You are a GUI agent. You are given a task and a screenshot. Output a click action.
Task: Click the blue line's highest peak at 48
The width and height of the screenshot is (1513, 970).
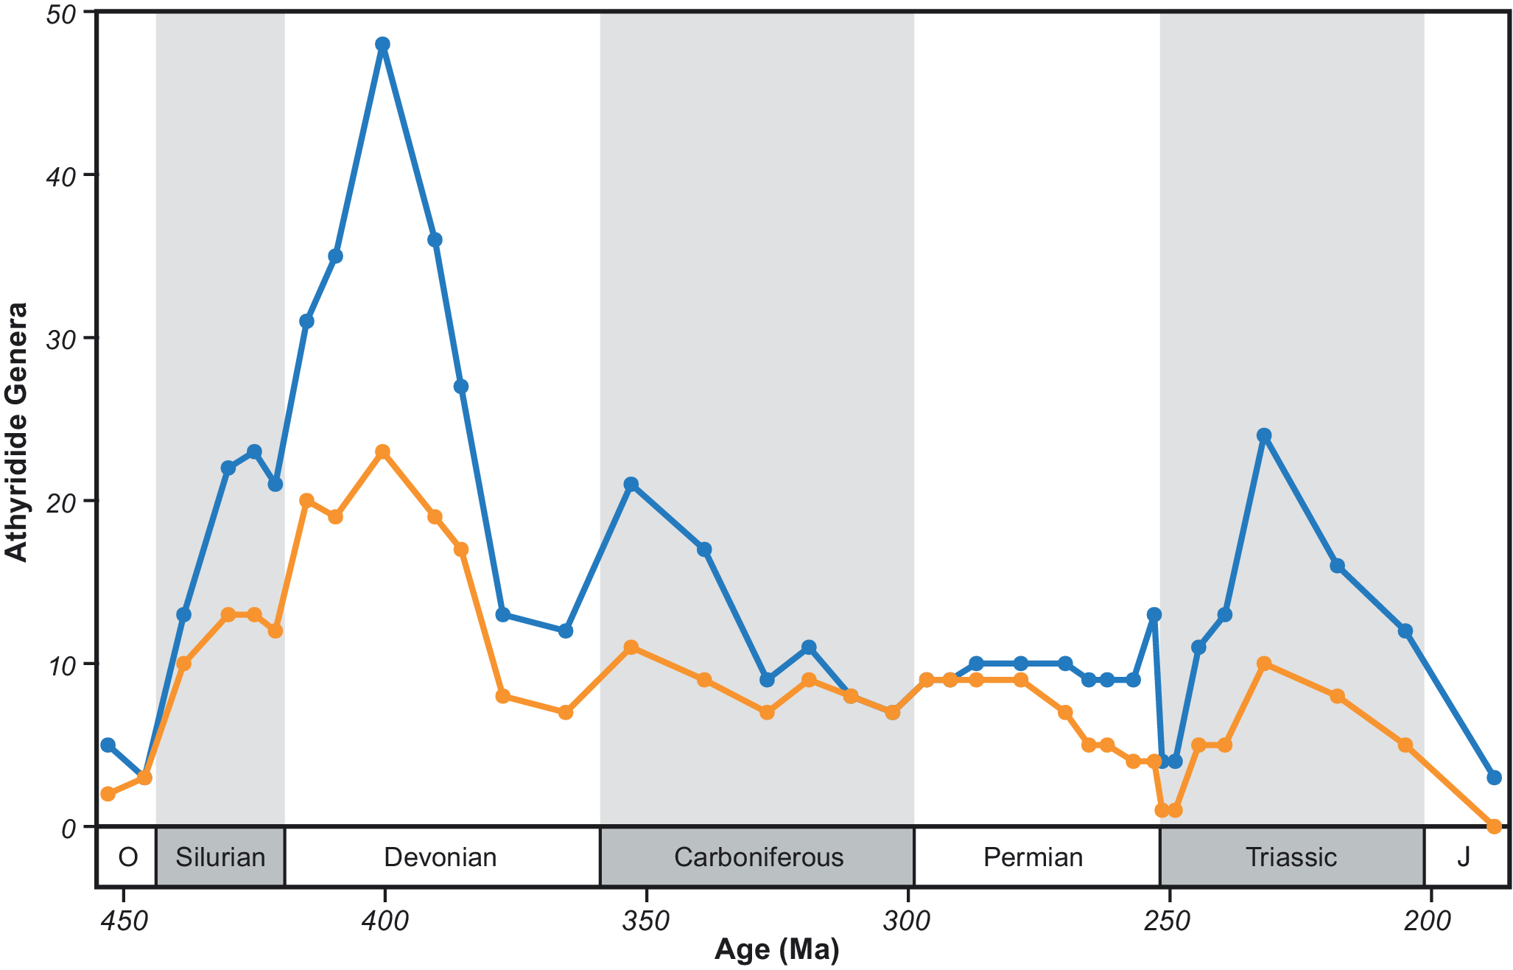point(382,44)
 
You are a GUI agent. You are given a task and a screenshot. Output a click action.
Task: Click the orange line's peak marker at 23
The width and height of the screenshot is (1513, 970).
point(382,451)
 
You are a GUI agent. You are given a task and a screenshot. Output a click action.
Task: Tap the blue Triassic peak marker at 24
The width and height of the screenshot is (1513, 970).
point(1264,435)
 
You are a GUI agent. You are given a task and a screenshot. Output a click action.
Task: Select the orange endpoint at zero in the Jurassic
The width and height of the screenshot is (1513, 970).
point(1494,826)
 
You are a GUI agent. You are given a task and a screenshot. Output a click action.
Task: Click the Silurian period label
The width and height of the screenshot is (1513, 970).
point(220,857)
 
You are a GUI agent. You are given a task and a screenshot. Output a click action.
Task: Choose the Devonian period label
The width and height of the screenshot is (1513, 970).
point(440,857)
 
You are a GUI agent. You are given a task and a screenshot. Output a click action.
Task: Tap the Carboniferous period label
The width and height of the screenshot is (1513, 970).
point(758,857)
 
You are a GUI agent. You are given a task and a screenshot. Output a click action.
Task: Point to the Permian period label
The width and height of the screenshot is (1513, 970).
point(1033,857)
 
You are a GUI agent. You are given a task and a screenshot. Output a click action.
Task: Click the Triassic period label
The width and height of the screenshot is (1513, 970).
point(1291,857)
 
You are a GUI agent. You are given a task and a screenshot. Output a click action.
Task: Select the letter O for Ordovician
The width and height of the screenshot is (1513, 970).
point(127,857)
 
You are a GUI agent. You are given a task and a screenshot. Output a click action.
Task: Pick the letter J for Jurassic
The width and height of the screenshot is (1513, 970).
point(1464,857)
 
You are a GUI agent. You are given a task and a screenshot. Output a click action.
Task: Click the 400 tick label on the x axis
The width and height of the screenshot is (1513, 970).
point(384,921)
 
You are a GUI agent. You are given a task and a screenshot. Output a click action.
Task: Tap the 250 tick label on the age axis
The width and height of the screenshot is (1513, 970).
point(1167,921)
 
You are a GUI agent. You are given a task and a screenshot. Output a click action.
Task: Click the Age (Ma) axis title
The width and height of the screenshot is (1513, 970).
point(776,950)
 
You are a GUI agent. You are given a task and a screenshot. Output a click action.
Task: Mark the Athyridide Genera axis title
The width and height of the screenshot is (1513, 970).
point(16,432)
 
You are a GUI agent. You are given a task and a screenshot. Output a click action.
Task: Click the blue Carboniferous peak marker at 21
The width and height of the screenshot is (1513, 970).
point(631,484)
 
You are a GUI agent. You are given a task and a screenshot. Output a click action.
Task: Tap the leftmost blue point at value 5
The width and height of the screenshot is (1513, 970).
point(108,745)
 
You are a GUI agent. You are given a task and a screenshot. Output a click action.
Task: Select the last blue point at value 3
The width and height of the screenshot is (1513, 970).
point(1494,778)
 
